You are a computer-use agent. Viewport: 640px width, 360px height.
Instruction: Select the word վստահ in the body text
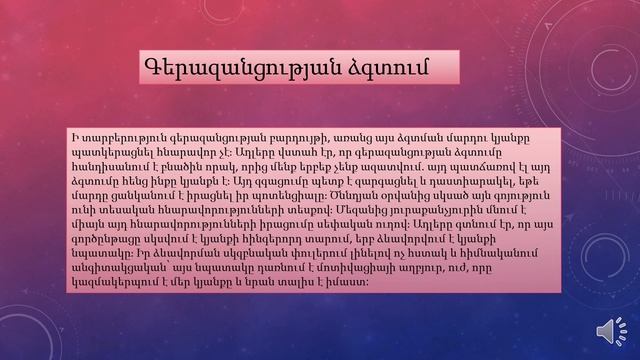point(313,147)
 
